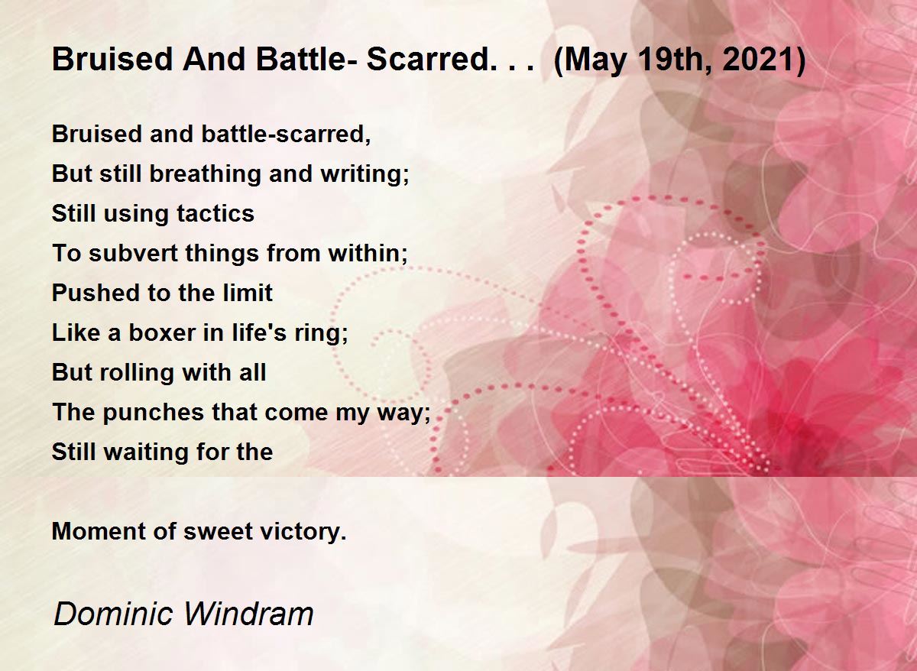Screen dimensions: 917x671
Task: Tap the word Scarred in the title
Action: [x=427, y=59]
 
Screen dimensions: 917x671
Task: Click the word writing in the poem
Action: [x=362, y=174]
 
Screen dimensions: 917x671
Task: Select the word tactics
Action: [x=215, y=213]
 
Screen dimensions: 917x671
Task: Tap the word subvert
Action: [x=133, y=253]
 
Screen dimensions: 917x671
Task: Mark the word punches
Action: [x=153, y=412]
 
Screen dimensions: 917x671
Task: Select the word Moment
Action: [x=99, y=531]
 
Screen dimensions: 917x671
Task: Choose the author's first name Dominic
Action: [x=113, y=614]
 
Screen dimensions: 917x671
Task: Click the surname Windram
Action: [x=249, y=614]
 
